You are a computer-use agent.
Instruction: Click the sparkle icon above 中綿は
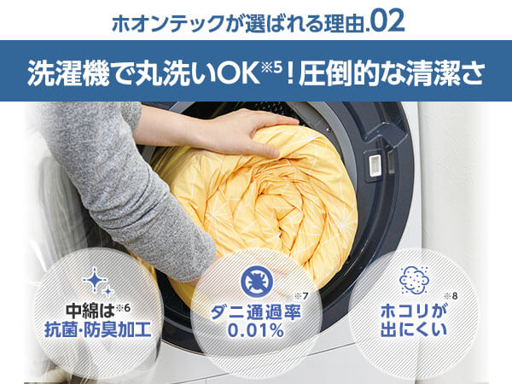[94, 281]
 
